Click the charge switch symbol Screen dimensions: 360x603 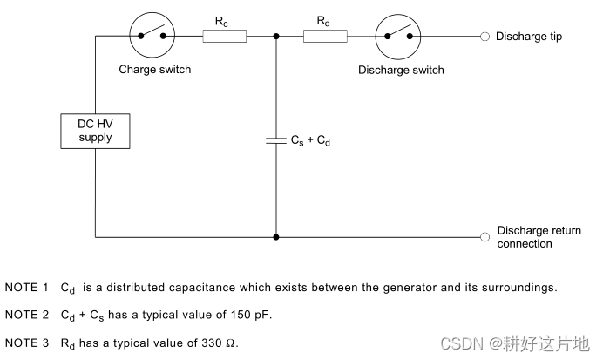point(154,36)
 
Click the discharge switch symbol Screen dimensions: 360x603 point(400,36)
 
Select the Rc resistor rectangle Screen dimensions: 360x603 point(224,36)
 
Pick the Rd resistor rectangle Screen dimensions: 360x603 point(325,36)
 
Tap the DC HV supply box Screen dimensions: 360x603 point(94,132)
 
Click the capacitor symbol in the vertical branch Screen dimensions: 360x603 point(276,139)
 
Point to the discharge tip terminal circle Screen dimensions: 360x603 point(484,36)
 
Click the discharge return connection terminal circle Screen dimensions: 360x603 point(484,236)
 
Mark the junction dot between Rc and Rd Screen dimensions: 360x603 point(276,36)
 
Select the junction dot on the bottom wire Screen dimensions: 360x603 point(276,236)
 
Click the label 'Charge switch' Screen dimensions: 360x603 point(154,70)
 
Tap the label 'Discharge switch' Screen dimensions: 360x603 point(401,70)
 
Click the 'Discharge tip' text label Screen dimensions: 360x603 point(528,36)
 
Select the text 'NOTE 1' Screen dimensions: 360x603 point(26,287)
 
